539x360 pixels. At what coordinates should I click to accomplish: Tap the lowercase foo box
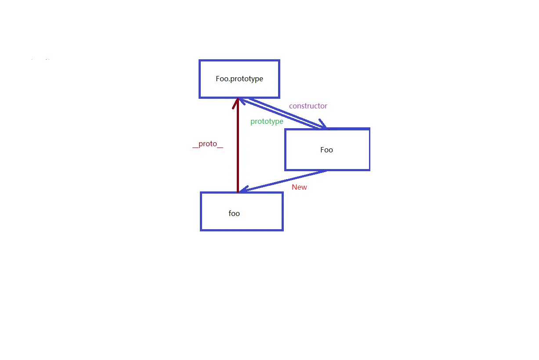(242, 222)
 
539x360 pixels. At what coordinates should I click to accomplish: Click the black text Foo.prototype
(239, 79)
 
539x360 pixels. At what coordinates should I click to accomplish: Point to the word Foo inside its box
(326, 150)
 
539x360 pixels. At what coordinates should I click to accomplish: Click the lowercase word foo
(234, 213)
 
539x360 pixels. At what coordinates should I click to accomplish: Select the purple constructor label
(308, 106)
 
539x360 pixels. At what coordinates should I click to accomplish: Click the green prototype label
(267, 121)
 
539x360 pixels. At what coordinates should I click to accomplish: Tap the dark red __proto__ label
(208, 144)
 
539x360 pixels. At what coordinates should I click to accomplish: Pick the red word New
(299, 187)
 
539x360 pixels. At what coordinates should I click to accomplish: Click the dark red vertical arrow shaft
(238, 149)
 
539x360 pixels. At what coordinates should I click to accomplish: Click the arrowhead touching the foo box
(243, 190)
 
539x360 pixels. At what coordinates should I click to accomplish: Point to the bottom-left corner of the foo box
(201, 230)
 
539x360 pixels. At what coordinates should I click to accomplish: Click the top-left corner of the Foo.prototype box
(200, 61)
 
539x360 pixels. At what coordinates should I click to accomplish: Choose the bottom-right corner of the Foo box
(369, 169)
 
